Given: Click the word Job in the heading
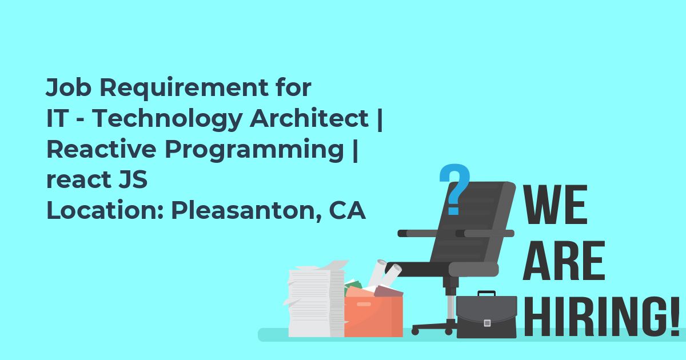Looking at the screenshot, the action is click(69, 87).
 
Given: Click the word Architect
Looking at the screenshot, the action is click(309, 118).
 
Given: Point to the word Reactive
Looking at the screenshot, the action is click(101, 149).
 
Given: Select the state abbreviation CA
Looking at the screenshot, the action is click(348, 210).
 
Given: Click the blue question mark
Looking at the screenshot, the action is click(454, 189).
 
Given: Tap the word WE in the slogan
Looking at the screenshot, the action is click(555, 205).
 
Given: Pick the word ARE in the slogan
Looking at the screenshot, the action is click(564, 261).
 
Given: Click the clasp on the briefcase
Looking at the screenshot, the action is click(487, 323).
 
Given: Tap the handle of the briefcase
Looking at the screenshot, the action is click(486, 293).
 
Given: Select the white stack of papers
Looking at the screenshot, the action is click(316, 300).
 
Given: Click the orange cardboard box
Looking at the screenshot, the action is click(374, 316).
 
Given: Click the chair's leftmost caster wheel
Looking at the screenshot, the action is click(415, 331).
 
